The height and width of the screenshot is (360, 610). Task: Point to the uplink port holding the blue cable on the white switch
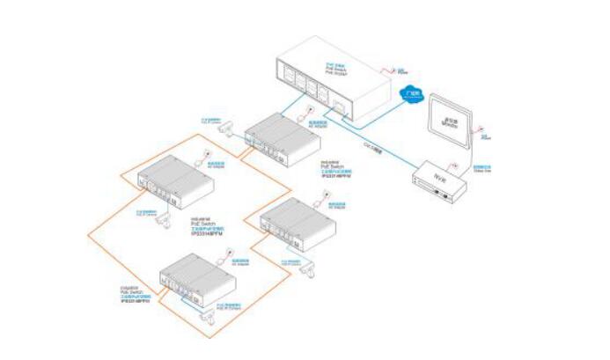(x=340, y=107)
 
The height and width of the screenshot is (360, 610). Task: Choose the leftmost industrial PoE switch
(x=175, y=180)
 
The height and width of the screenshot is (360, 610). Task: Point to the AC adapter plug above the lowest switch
(x=229, y=253)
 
